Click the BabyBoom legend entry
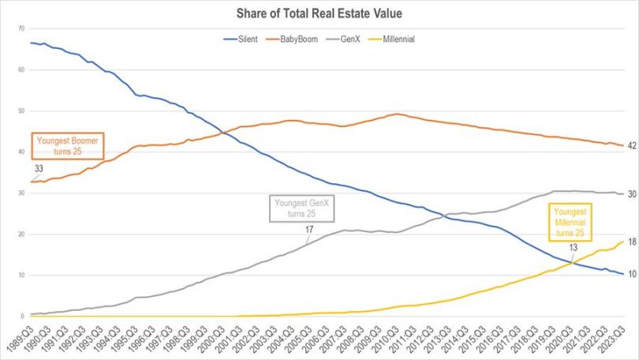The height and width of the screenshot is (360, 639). click(x=301, y=38)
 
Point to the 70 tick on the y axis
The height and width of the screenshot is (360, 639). click(x=21, y=28)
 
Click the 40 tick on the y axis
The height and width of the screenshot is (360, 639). click(x=21, y=152)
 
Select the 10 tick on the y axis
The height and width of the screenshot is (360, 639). click(x=21, y=276)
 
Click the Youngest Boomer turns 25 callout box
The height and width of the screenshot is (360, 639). click(x=68, y=146)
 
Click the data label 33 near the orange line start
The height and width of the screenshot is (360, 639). click(x=38, y=169)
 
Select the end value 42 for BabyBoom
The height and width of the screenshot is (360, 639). click(x=632, y=146)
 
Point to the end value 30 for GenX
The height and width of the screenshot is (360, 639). click(x=632, y=193)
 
